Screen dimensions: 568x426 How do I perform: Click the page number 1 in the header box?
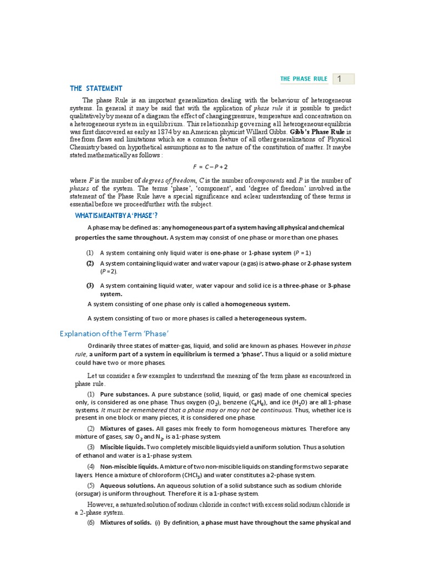(x=339, y=79)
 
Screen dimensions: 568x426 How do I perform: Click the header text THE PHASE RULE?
(x=303, y=79)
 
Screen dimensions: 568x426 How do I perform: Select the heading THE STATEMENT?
(x=96, y=88)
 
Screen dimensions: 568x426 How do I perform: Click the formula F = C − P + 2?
(x=210, y=167)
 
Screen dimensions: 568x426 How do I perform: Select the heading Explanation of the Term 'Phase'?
(x=113, y=333)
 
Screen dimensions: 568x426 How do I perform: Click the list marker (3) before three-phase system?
(x=90, y=286)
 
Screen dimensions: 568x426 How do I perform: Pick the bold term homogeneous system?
(x=257, y=304)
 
